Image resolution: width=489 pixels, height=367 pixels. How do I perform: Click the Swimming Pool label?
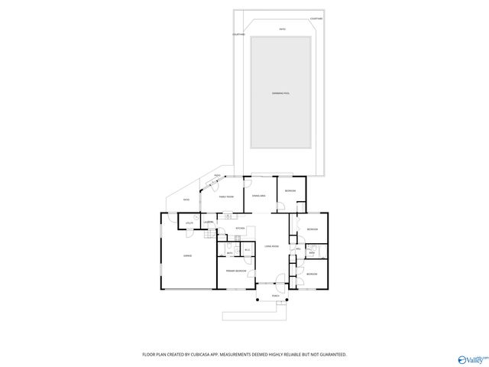click(280, 93)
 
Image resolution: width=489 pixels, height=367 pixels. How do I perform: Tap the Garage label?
click(187, 255)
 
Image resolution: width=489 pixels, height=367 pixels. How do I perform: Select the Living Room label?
click(271, 246)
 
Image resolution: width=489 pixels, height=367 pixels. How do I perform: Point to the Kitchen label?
click(239, 228)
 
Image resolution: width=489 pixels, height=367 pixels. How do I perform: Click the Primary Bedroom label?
click(235, 271)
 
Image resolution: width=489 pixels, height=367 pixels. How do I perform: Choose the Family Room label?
click(226, 196)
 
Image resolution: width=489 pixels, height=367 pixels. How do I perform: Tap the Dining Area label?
click(259, 196)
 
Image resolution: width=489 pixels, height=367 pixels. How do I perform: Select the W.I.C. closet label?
click(248, 250)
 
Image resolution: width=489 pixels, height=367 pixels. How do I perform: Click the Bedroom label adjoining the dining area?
click(290, 190)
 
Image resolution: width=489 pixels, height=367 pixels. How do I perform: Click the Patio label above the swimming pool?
click(282, 30)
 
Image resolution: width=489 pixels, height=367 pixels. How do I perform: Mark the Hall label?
click(297, 248)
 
